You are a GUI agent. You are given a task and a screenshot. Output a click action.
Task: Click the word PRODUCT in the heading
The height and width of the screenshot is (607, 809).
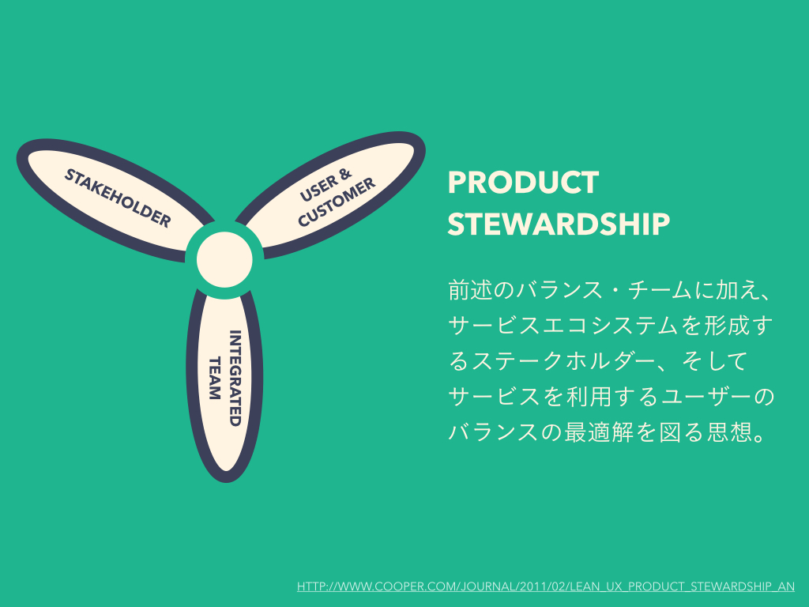coord(523,183)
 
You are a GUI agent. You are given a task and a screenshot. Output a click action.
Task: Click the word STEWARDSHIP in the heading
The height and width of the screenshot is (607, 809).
coord(559,224)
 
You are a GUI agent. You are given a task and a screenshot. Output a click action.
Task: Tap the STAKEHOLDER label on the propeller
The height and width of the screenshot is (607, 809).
coord(118,198)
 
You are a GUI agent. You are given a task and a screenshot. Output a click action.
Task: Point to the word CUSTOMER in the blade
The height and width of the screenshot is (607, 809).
coord(336,202)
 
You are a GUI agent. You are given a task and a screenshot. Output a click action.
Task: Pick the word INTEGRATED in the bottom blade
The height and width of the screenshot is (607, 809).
coord(234,378)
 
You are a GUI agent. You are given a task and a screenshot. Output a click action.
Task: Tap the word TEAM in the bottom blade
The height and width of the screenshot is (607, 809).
coord(214,378)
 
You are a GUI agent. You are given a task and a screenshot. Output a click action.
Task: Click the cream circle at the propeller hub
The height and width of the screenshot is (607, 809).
coord(224,258)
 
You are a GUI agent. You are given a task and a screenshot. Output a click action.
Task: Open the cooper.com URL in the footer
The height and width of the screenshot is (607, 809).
coord(546,586)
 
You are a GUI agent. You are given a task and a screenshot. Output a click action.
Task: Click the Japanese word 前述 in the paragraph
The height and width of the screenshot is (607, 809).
coord(470,290)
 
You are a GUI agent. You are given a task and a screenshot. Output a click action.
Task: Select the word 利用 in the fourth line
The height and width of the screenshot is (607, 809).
coord(586,398)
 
